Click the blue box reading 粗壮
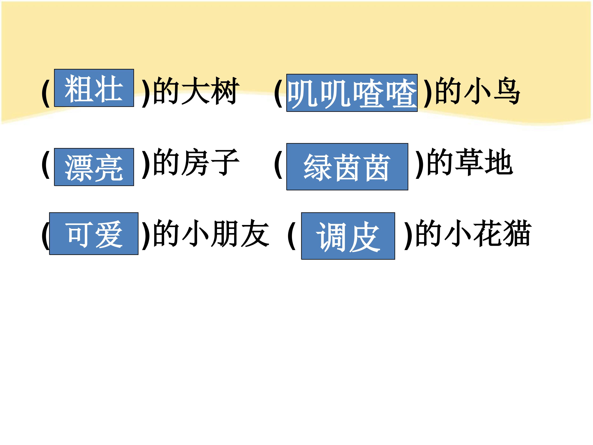pos(94,88)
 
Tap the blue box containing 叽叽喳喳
pos(352,93)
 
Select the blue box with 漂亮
pos(94,167)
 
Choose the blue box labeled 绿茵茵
pos(347,167)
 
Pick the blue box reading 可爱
pos(94,234)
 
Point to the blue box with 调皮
pos(348,236)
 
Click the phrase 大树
pos(210,91)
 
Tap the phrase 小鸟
pos(492,91)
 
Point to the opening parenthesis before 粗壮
pos(46,93)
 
